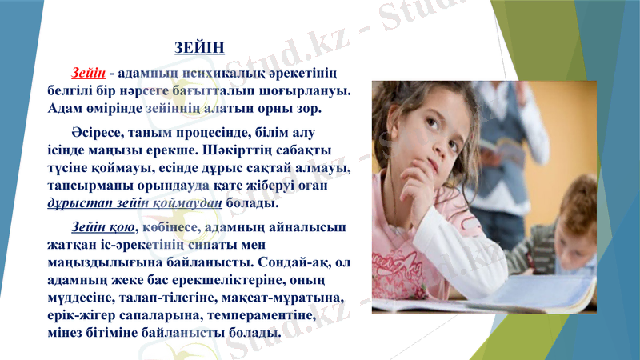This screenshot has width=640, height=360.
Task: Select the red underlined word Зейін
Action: tap(88, 74)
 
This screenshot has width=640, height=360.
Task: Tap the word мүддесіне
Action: tap(79, 298)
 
